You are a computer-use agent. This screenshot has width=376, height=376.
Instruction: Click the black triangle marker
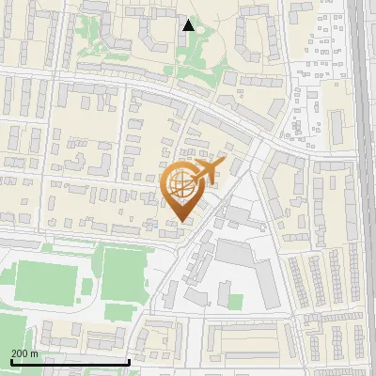pos(188,25)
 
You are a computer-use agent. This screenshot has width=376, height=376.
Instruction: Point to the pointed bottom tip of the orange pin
pos(182,221)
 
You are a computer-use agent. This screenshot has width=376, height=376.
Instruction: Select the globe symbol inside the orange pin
pos(181,184)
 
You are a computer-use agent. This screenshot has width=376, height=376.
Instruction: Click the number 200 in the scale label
pos(21,353)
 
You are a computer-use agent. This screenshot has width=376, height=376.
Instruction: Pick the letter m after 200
pos(35,353)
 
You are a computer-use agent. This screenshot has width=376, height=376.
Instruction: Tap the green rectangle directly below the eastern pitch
pos(117,311)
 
